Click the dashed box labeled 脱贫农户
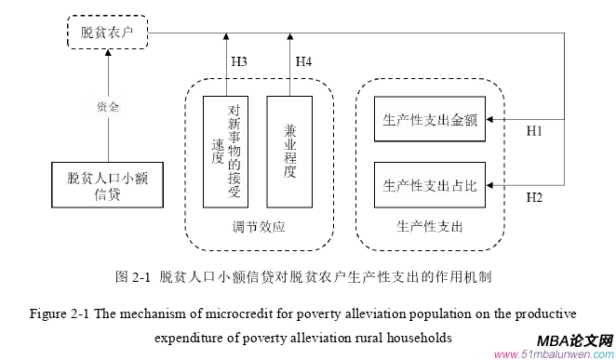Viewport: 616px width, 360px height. pos(107,33)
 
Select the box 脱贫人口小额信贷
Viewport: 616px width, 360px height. pos(107,184)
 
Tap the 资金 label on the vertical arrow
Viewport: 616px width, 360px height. pos(108,106)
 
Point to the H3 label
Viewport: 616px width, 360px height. pos(238,61)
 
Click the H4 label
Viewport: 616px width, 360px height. pos(303,61)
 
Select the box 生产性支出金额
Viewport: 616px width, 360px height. pos(429,120)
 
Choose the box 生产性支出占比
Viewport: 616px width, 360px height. pos(429,185)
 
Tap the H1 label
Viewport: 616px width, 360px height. pos(534,131)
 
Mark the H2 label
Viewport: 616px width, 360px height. pos(534,197)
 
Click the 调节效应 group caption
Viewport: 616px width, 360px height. pos(258,226)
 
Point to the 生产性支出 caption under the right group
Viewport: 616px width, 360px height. pos(429,226)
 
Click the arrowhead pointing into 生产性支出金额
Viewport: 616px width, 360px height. pos(492,120)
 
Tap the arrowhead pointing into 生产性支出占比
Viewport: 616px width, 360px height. pos(492,185)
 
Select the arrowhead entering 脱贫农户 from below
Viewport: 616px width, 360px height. pos(108,54)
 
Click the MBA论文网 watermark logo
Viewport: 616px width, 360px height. pos(572,342)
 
